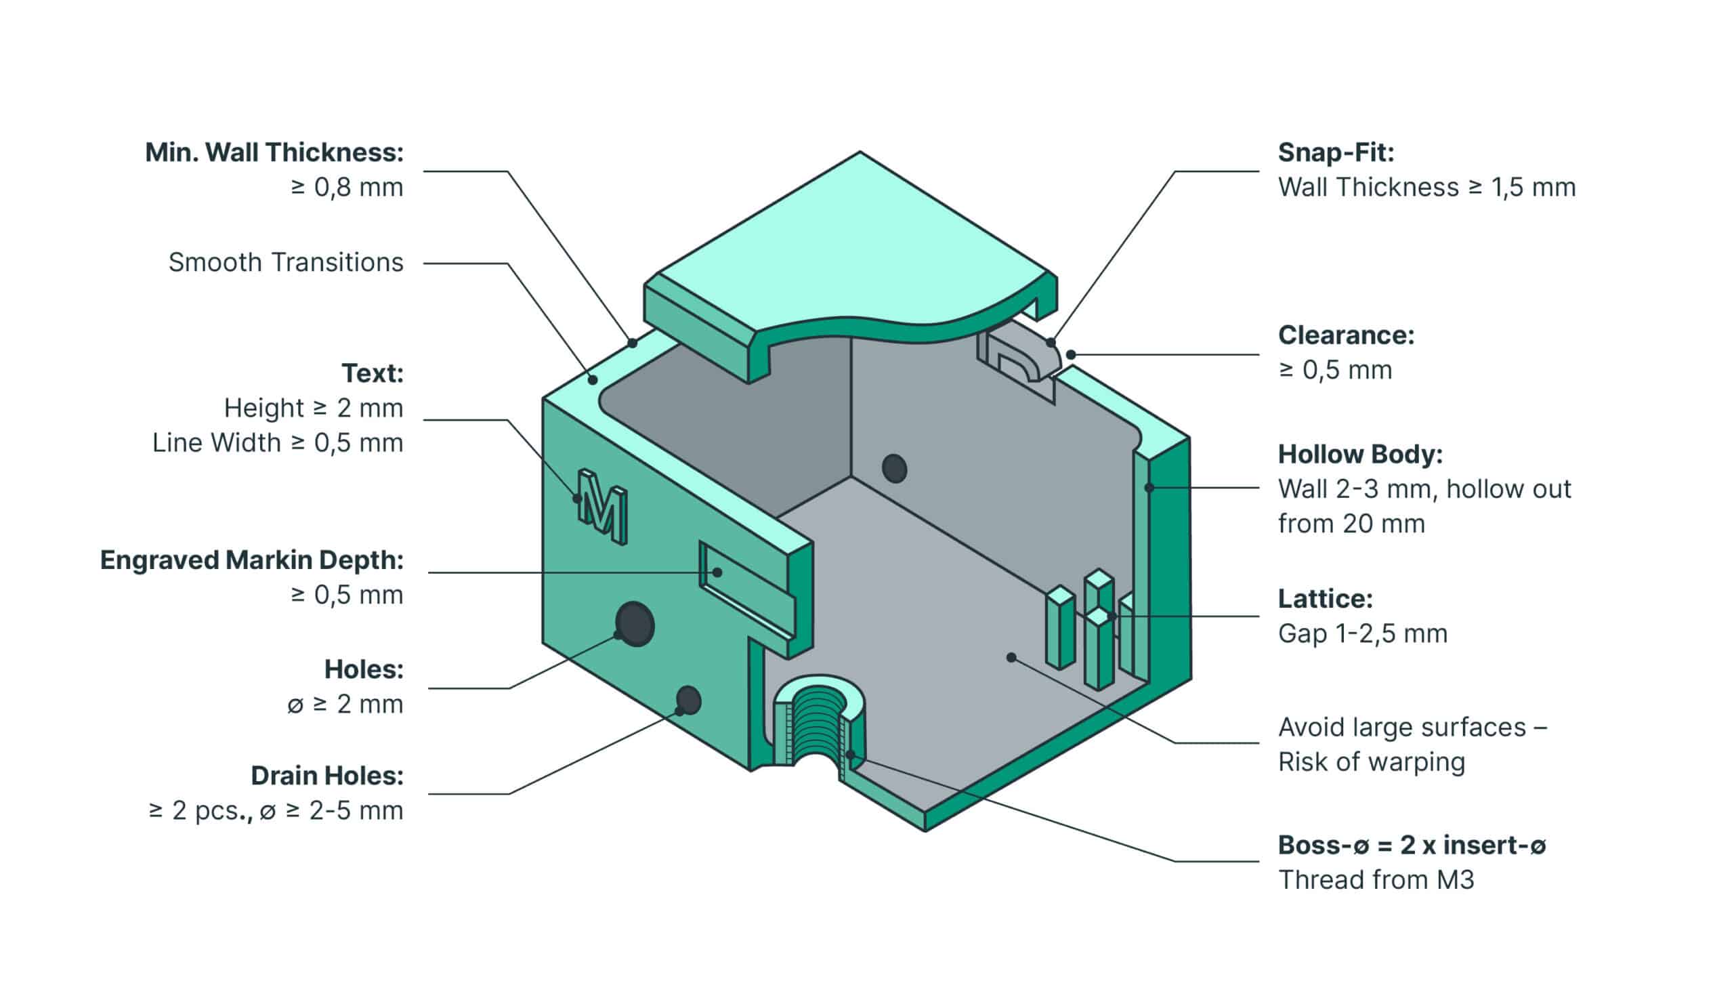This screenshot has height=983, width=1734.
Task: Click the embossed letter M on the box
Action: click(602, 506)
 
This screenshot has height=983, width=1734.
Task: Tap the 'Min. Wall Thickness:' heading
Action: click(274, 153)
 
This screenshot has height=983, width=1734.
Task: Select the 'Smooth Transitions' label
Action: click(286, 262)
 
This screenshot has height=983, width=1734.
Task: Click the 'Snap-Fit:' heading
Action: click(1336, 153)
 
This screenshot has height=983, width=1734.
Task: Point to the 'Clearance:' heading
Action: click(1346, 335)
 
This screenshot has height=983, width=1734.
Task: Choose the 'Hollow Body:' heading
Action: click(1360, 455)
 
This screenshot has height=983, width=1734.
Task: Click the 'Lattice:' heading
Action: click(1325, 599)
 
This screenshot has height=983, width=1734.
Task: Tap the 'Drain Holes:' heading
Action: click(327, 776)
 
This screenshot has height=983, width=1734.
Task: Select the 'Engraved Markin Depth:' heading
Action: click(252, 560)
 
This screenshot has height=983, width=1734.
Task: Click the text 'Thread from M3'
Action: click(1376, 880)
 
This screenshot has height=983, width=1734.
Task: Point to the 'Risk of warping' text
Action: click(1372, 762)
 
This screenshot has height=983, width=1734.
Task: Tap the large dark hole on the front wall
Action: click(635, 623)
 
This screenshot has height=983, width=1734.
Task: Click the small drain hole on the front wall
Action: click(688, 700)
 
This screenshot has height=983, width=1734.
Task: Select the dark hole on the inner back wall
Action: click(894, 468)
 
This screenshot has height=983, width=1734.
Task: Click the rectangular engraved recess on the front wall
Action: click(745, 591)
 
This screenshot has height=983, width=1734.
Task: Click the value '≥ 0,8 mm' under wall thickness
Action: click(347, 188)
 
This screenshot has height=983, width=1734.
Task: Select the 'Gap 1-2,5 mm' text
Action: click(1362, 634)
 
